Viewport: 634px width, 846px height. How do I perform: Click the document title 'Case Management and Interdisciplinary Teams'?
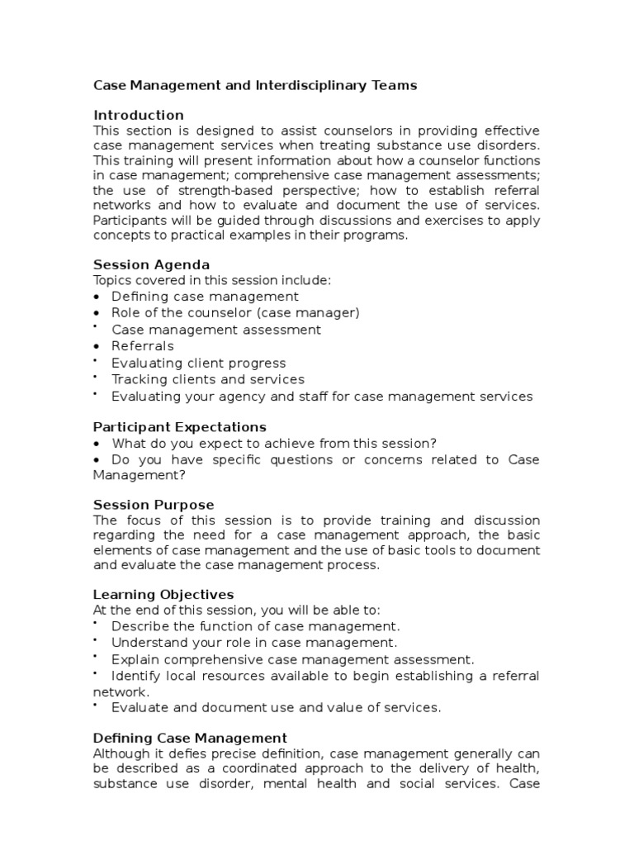click(255, 85)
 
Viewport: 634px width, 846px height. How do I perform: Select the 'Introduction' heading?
click(139, 115)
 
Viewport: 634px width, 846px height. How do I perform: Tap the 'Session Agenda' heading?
click(151, 264)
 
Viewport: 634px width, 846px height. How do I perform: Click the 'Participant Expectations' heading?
click(180, 426)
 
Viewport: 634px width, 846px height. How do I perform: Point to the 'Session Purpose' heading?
click(154, 505)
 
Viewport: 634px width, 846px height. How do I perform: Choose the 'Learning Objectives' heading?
click(163, 594)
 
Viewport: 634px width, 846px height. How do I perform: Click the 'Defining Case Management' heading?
click(190, 738)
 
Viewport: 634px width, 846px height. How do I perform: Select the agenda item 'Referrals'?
click(143, 346)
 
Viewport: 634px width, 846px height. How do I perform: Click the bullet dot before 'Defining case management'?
click(97, 297)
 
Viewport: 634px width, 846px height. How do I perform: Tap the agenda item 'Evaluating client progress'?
click(199, 363)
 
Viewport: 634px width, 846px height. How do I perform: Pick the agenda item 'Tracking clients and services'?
click(208, 379)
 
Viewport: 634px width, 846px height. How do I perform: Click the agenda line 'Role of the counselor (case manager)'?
click(235, 313)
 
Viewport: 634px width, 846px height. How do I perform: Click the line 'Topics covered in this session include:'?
click(212, 280)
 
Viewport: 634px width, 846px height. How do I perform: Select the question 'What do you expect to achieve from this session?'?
click(275, 443)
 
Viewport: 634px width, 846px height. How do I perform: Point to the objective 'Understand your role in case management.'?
click(254, 642)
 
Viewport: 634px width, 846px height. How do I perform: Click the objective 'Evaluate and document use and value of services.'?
click(277, 707)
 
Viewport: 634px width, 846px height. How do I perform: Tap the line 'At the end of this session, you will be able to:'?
click(237, 610)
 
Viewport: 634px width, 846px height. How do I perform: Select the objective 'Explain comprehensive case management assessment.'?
click(293, 659)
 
